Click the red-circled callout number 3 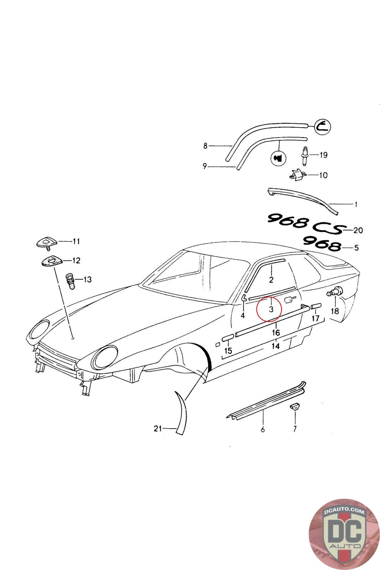coord(271,309)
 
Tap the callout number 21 coord(158,429)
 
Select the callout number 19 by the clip coord(323,155)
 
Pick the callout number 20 coord(358,230)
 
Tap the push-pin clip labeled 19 coord(305,155)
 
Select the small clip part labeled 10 coord(296,174)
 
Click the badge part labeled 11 coord(46,242)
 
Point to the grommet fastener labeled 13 coord(71,280)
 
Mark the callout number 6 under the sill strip coord(263,429)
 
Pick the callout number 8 coord(205,145)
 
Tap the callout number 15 coord(228,351)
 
